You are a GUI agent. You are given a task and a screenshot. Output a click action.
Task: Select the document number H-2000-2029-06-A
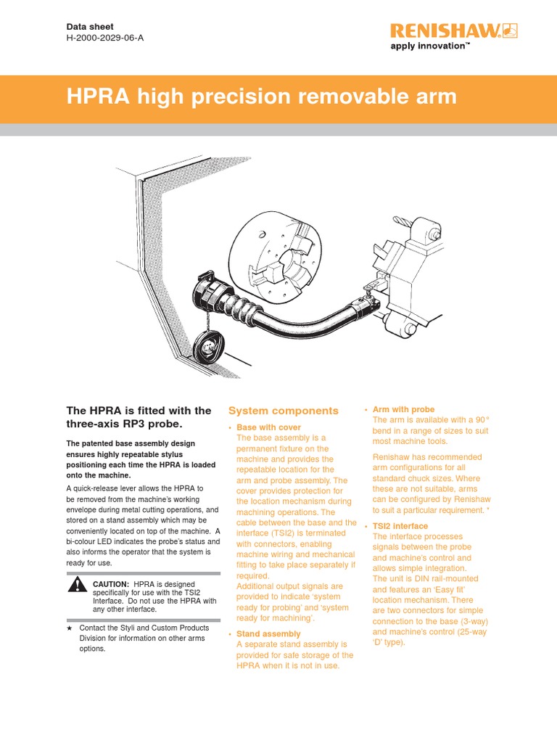(105, 38)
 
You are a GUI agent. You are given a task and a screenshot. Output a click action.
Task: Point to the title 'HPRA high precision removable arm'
(262, 97)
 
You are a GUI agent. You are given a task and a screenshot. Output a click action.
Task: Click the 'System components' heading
(283, 411)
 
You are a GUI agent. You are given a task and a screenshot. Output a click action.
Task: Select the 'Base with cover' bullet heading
(268, 427)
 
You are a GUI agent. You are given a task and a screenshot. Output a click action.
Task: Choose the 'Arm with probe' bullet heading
(403, 410)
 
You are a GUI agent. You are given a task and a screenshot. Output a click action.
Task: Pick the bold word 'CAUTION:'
(111, 583)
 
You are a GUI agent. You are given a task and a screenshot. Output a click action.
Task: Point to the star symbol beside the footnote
(70, 628)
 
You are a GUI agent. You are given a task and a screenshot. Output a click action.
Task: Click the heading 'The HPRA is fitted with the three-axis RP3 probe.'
(139, 417)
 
